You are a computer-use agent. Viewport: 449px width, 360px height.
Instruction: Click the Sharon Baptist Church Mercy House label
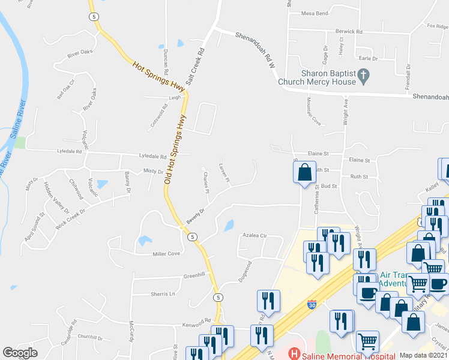[x=328, y=77]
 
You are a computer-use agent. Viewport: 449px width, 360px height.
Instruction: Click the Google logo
[x=20, y=353]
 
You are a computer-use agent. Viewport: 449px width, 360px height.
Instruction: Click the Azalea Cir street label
[x=255, y=236]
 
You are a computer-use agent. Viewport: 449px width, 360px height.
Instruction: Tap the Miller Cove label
[x=166, y=254]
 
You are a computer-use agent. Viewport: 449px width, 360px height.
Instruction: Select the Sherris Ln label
[x=163, y=294]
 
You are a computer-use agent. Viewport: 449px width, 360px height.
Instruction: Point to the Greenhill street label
[x=194, y=275]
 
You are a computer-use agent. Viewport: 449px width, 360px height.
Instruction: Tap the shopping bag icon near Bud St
[x=305, y=172]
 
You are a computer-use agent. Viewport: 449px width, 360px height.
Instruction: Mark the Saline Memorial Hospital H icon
[x=294, y=354]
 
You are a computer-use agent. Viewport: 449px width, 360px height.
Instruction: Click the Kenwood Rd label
[x=198, y=321]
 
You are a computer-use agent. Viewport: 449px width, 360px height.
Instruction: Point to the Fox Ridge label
[x=438, y=26]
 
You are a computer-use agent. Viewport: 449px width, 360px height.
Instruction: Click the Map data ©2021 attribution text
[x=424, y=355]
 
